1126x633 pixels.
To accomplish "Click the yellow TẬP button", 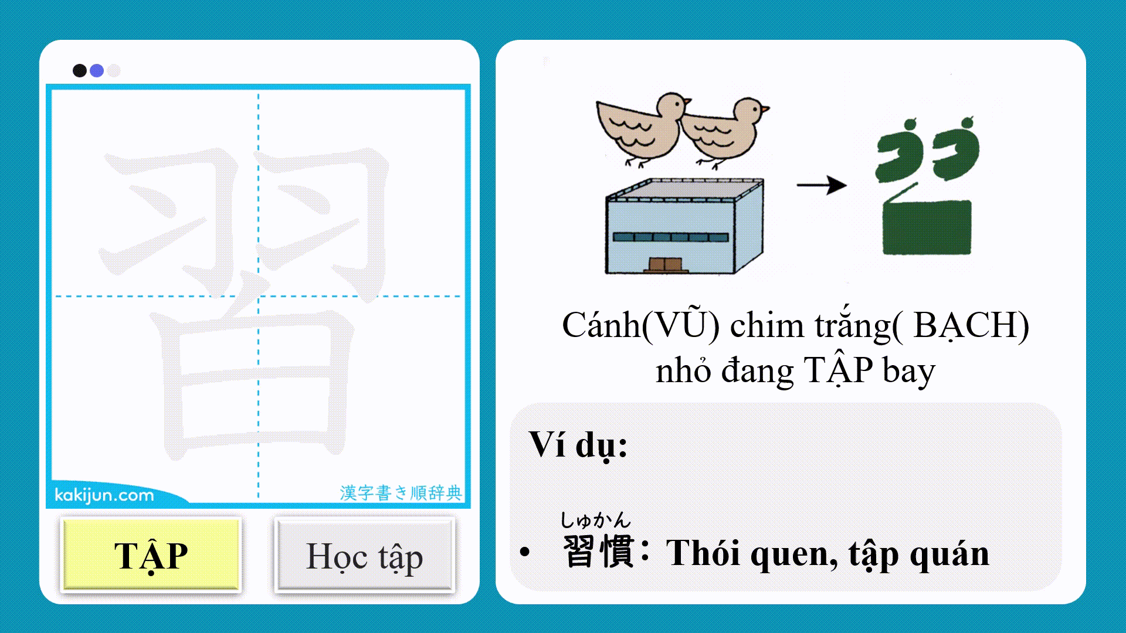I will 151,555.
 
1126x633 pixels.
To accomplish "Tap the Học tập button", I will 364,555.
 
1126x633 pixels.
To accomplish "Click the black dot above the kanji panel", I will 80,71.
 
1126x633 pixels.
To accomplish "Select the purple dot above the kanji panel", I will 97,71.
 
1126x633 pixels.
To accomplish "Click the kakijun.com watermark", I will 104,495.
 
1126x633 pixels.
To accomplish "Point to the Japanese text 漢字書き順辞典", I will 401,493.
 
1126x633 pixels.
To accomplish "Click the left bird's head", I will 672,105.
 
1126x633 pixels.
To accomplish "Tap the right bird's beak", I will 765,108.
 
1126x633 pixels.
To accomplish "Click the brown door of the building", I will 666,265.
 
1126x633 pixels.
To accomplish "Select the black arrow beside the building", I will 821,185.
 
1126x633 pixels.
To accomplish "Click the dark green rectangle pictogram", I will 927,227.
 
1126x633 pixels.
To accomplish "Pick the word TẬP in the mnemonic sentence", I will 838,370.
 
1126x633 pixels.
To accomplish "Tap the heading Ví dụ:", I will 578,445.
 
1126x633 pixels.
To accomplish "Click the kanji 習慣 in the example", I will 598,552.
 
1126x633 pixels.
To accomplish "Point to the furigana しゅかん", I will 595,520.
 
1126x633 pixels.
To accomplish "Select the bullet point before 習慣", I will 524,552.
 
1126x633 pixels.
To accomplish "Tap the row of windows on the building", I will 670,237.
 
